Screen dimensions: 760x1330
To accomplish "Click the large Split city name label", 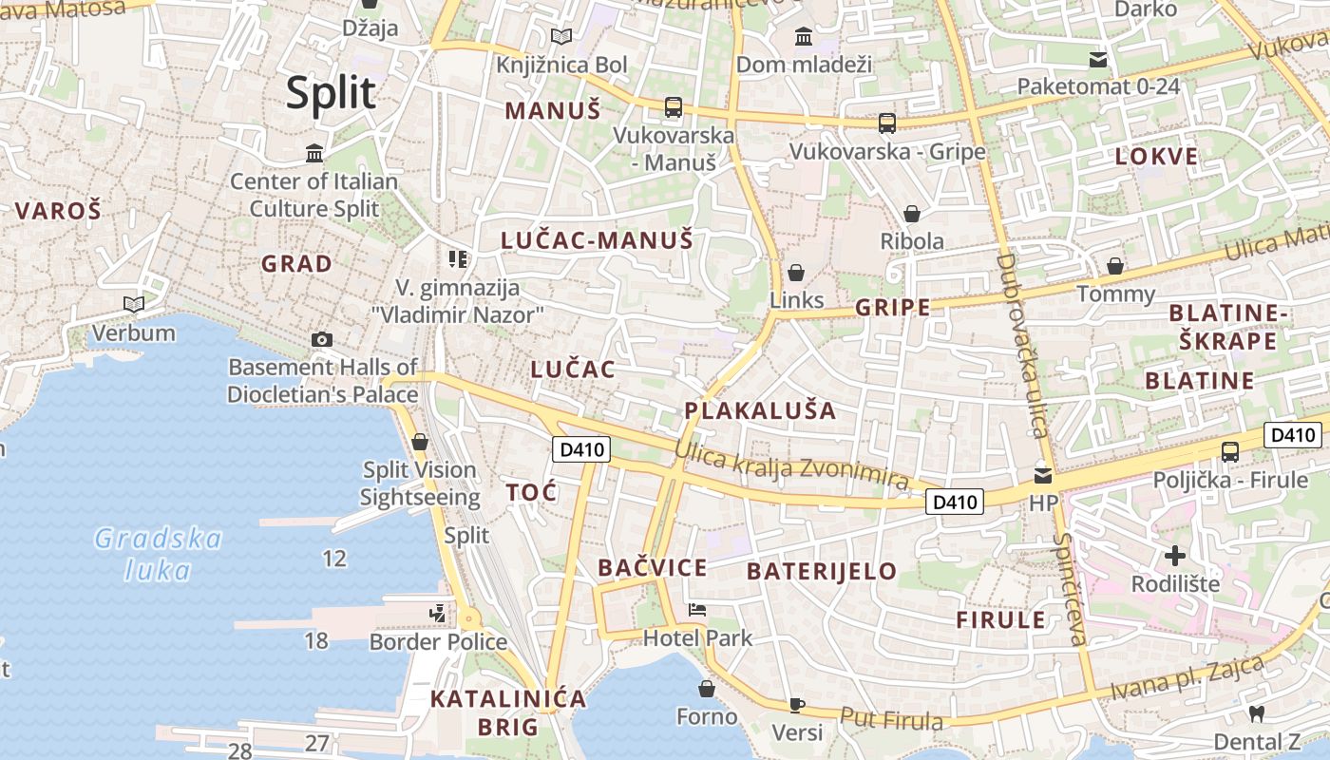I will pos(332,93).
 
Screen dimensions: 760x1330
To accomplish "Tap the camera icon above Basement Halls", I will pos(322,339).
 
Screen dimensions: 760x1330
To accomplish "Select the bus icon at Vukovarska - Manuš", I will pos(673,106).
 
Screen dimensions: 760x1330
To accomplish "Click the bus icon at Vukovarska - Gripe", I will pos(886,123).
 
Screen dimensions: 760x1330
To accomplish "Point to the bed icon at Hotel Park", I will pos(697,610).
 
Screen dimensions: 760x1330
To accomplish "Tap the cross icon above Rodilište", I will pos(1175,556).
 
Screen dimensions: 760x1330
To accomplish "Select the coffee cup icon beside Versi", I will pos(797,705).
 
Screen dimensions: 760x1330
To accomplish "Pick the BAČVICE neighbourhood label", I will pos(653,568).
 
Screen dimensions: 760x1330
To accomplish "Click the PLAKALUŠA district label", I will pos(760,410).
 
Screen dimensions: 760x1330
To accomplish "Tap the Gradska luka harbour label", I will pos(158,555).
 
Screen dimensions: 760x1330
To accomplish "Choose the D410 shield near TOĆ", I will pos(579,449).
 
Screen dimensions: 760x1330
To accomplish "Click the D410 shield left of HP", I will pos(954,502).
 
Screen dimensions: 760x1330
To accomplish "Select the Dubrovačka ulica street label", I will pos(1022,346).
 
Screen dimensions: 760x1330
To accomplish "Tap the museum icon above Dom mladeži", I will pos(804,37).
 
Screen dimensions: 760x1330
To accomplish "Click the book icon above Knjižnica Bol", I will pos(561,37).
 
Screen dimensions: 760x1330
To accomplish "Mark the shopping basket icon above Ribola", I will pos(911,214).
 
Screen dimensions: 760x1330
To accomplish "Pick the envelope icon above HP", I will pos(1043,474).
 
